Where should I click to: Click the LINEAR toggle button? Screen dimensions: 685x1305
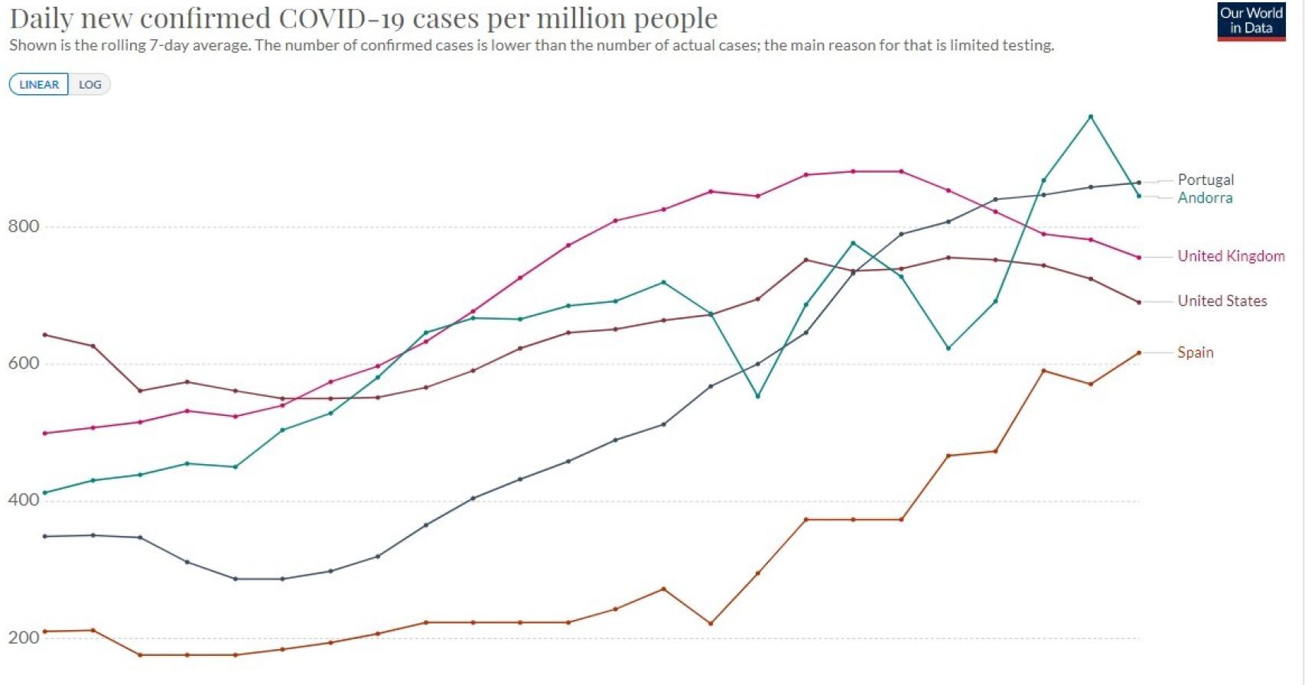[x=39, y=84]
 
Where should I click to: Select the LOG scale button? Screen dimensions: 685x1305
[x=89, y=84]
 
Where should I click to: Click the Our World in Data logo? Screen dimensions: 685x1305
[x=1251, y=21]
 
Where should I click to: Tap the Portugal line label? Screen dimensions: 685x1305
[x=1206, y=180]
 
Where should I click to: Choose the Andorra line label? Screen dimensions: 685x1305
[x=1205, y=198]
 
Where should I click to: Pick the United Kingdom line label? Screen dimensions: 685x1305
[x=1231, y=256]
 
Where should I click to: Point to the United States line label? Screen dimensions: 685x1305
[x=1222, y=301]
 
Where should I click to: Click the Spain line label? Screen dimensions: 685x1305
[x=1195, y=352]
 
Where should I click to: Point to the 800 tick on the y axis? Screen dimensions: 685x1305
[x=24, y=226]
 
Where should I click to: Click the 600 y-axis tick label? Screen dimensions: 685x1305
[x=24, y=363]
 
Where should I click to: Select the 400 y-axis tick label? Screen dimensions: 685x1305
[x=24, y=500]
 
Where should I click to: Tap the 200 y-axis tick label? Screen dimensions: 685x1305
[x=24, y=638]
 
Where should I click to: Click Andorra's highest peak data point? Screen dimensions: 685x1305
[x=1091, y=117]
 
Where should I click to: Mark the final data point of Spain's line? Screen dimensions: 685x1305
[x=1139, y=353]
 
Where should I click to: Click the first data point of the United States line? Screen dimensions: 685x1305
[x=45, y=335]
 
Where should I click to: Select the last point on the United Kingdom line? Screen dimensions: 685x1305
[x=1139, y=258]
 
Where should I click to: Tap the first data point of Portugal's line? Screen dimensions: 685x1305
[x=45, y=537]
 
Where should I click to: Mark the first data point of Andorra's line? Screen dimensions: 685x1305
[x=45, y=493]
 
